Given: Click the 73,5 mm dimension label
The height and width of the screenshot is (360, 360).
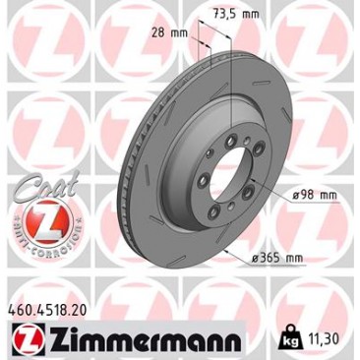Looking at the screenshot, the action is pyautogui.click(x=236, y=14).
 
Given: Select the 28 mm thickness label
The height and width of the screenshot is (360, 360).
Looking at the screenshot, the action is pyautogui.click(x=169, y=32).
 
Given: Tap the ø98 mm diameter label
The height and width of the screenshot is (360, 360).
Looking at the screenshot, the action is pyautogui.click(x=314, y=195).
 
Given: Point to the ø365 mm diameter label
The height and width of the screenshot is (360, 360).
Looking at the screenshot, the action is pyautogui.click(x=277, y=258).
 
